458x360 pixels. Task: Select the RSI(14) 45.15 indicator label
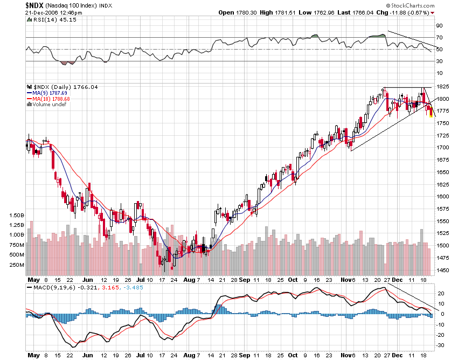point(48,20)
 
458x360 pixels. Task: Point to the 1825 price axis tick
point(443,87)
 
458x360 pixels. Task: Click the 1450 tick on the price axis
point(443,271)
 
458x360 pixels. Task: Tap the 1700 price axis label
point(443,148)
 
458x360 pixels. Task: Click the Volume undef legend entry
point(47,105)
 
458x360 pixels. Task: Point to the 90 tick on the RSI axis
point(439,25)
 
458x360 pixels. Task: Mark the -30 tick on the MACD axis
point(440,345)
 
